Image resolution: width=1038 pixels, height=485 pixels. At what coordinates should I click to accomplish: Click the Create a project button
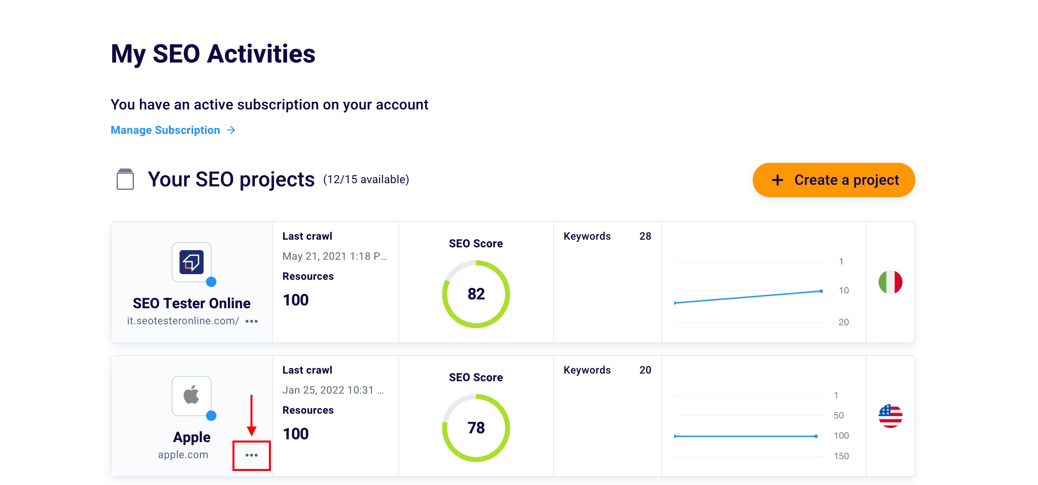pyautogui.click(x=833, y=180)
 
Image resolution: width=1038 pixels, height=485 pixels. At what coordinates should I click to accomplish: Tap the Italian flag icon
pyautogui.click(x=890, y=282)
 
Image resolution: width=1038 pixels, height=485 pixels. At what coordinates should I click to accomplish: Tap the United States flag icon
pyautogui.click(x=890, y=416)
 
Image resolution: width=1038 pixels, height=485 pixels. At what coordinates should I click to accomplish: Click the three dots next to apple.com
pyautogui.click(x=251, y=455)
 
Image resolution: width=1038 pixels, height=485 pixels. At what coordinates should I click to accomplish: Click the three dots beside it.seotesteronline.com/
pyautogui.click(x=251, y=321)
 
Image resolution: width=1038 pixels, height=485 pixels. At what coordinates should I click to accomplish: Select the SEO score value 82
pyautogui.click(x=475, y=294)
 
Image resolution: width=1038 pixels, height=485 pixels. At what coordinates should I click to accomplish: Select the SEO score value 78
pyautogui.click(x=475, y=428)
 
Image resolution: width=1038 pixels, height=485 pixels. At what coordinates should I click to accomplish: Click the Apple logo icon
pyautogui.click(x=192, y=395)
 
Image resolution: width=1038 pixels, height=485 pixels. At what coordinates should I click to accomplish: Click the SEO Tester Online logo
pyautogui.click(x=192, y=262)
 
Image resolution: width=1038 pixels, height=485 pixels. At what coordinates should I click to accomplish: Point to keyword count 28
pyautogui.click(x=645, y=236)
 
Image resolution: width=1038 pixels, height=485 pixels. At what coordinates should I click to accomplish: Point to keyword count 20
pyautogui.click(x=645, y=370)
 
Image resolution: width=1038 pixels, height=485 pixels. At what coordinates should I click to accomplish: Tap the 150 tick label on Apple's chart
pyautogui.click(x=841, y=456)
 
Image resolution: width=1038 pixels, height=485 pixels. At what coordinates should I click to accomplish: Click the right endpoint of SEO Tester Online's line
pyautogui.click(x=821, y=291)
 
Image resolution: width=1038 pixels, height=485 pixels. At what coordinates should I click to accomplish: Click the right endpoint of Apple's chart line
pyautogui.click(x=816, y=436)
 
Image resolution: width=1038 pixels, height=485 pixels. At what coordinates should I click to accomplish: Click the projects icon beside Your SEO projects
pyautogui.click(x=125, y=179)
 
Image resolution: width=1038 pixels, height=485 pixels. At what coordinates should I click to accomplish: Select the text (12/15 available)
pyautogui.click(x=366, y=180)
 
